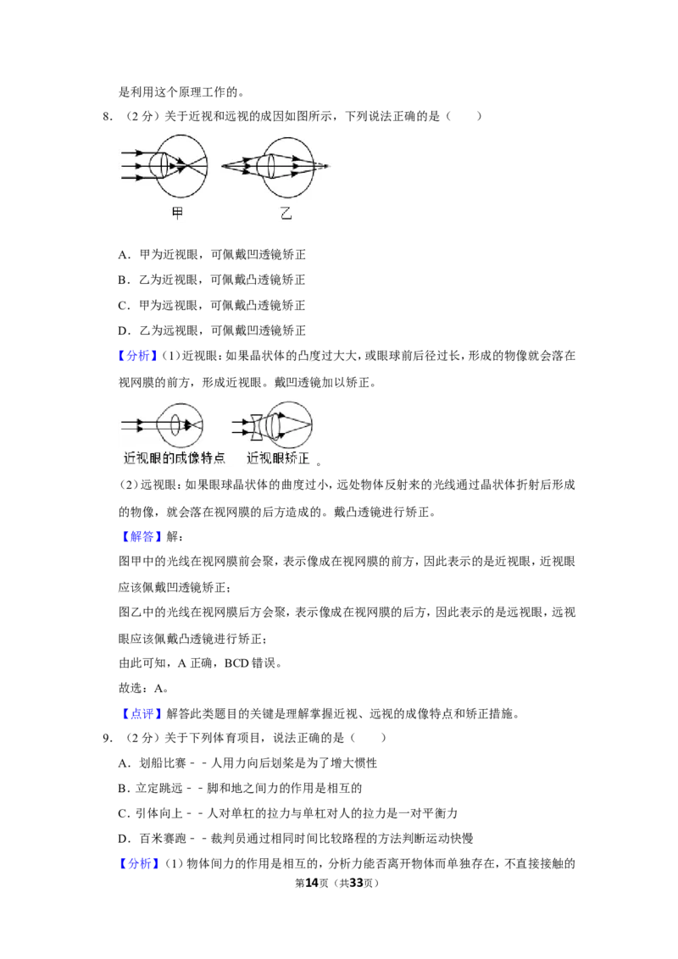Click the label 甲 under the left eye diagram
tap(177, 213)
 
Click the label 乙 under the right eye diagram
tap(286, 213)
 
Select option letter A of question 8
tap(124, 255)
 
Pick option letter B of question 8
tap(123, 280)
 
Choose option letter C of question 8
tap(123, 306)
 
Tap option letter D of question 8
tap(124, 331)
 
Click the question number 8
tap(107, 116)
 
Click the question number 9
tap(107, 738)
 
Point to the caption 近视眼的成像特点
tap(175, 457)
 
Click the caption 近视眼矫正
tap(279, 457)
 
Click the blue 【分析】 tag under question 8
tap(138, 356)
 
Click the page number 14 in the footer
tap(312, 883)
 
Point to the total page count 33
tap(356, 883)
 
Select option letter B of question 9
tap(123, 789)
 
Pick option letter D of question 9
tap(124, 839)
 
